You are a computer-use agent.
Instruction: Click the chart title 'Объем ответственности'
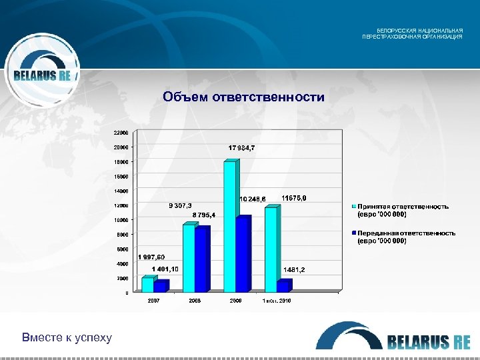coord(243,98)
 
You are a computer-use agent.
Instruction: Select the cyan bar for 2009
coord(230,227)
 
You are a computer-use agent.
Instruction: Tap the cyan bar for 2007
coord(147,285)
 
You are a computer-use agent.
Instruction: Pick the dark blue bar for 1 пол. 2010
coord(285,285)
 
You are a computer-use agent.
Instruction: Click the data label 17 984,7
coord(241,147)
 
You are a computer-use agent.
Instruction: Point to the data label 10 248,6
coord(253,199)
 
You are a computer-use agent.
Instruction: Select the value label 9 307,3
coord(179,205)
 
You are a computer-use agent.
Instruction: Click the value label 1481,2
coord(294,269)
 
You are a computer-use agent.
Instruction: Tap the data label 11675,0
coord(294,198)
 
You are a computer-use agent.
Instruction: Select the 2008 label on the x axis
coord(195,301)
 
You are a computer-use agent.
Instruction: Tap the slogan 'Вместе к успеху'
coord(67,337)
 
